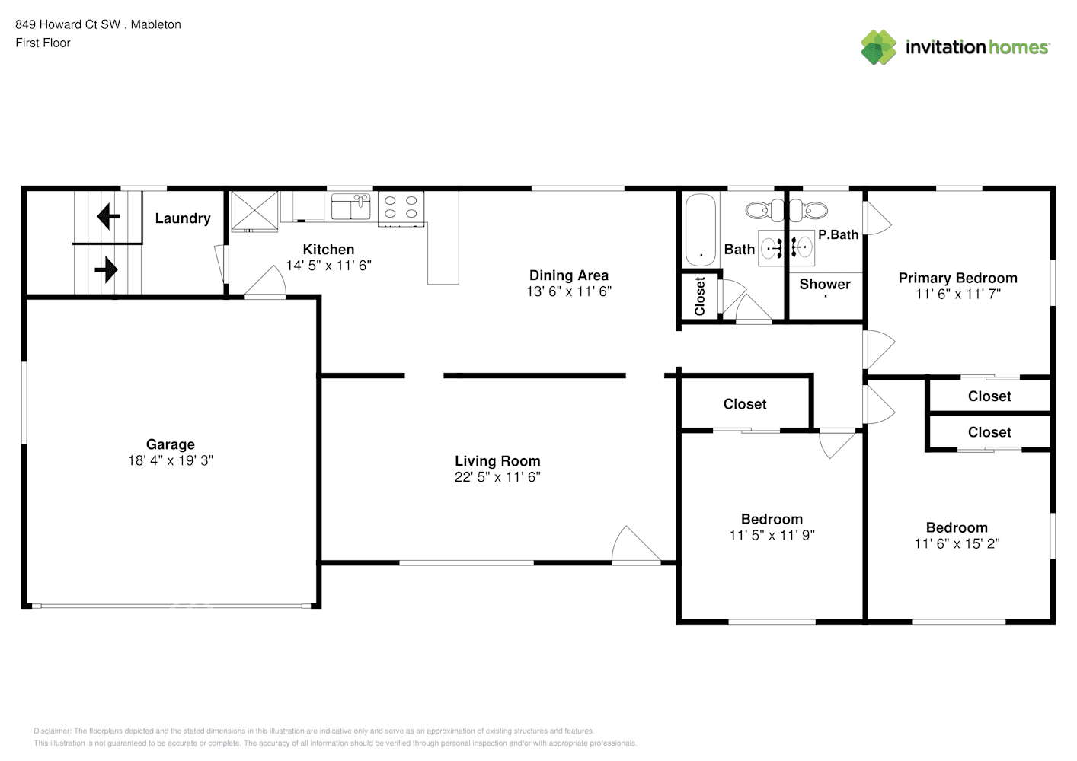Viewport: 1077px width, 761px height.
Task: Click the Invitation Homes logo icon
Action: click(878, 47)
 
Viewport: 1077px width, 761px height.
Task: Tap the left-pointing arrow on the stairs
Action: click(108, 216)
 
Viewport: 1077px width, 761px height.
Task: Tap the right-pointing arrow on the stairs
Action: click(107, 269)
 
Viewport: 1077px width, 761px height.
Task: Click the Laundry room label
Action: click(183, 218)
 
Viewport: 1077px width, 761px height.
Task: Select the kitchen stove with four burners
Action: click(401, 209)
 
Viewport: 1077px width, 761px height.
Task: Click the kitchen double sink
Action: click(351, 206)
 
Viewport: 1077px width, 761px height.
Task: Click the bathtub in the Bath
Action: click(701, 230)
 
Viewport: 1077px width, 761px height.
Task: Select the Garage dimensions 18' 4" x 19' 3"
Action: click(170, 460)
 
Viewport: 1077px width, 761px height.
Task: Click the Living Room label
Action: click(497, 461)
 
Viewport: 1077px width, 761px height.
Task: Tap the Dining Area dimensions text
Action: click(569, 291)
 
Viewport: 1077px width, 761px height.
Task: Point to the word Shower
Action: click(825, 284)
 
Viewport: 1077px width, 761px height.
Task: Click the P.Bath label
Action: click(838, 235)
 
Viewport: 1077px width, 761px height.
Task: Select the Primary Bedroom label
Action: click(957, 279)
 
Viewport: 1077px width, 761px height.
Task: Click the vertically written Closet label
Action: click(699, 297)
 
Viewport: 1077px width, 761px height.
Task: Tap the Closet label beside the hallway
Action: click(745, 404)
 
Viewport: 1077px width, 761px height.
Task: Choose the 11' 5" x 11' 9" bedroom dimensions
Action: click(772, 535)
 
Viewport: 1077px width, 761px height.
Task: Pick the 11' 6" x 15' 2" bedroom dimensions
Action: click(957, 544)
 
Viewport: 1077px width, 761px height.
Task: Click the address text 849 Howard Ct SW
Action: click(68, 24)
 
